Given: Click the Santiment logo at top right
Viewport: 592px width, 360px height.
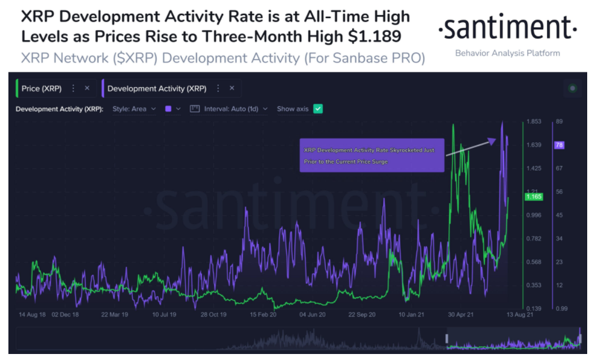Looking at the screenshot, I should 507,28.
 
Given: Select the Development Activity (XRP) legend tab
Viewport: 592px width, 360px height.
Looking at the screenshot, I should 156,88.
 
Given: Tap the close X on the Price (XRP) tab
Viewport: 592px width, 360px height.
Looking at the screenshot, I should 87,88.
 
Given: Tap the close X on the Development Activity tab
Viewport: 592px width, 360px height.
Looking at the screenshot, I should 232,88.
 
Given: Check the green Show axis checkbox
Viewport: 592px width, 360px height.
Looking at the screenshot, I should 318,109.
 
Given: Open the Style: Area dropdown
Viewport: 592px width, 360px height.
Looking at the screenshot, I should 134,109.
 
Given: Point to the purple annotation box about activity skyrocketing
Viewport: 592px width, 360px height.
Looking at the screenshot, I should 371,156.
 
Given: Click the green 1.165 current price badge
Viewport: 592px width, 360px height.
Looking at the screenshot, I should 534,197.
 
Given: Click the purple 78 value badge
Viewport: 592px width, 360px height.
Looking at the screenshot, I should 559,145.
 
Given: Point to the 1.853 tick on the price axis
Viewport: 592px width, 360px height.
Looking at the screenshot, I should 534,121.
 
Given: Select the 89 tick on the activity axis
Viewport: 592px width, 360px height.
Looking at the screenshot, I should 559,121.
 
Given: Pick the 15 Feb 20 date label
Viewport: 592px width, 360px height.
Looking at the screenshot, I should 263,314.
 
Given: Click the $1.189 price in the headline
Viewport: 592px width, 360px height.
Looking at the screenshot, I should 374,37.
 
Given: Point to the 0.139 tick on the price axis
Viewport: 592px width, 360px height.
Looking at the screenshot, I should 534,308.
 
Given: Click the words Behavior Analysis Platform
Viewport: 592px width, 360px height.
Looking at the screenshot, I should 507,53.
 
